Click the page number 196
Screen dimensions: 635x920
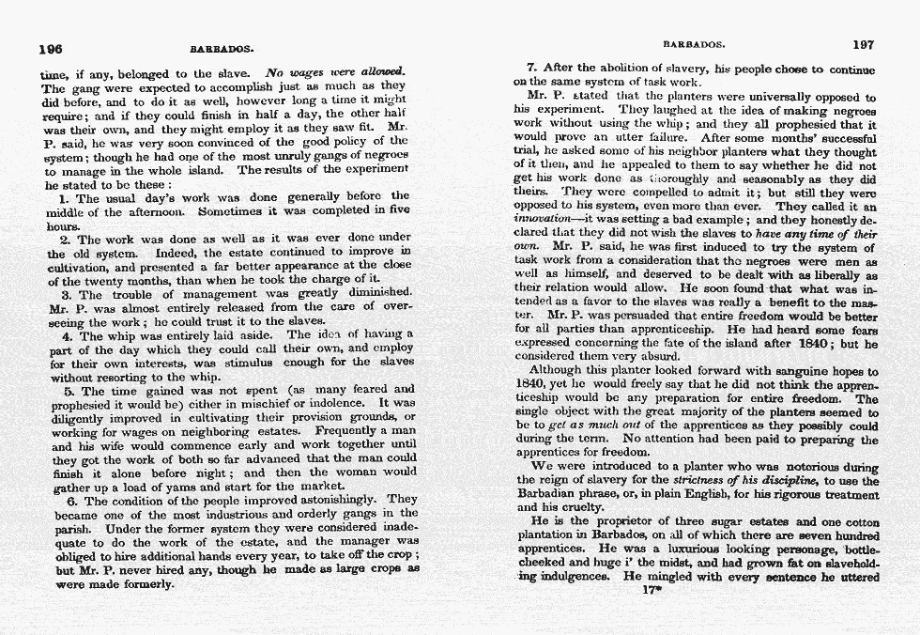point(50,49)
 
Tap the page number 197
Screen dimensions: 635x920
point(863,43)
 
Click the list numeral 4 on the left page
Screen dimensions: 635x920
point(65,335)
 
